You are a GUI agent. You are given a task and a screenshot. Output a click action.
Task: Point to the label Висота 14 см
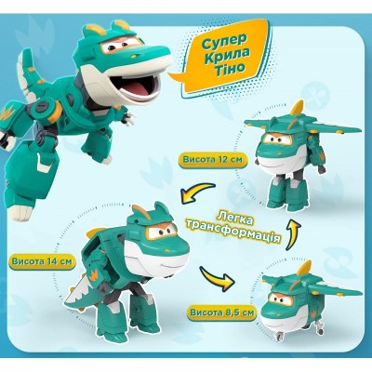(x=42, y=261)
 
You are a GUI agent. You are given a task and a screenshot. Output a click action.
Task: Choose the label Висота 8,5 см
(x=222, y=312)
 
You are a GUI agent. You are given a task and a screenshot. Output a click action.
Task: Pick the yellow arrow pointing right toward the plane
(x=217, y=275)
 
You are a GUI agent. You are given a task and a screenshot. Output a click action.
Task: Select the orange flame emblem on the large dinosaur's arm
(x=7, y=113)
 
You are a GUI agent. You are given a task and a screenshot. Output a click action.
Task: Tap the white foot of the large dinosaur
(x=20, y=211)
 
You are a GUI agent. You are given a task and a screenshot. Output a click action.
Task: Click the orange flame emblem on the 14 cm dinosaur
(x=94, y=275)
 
